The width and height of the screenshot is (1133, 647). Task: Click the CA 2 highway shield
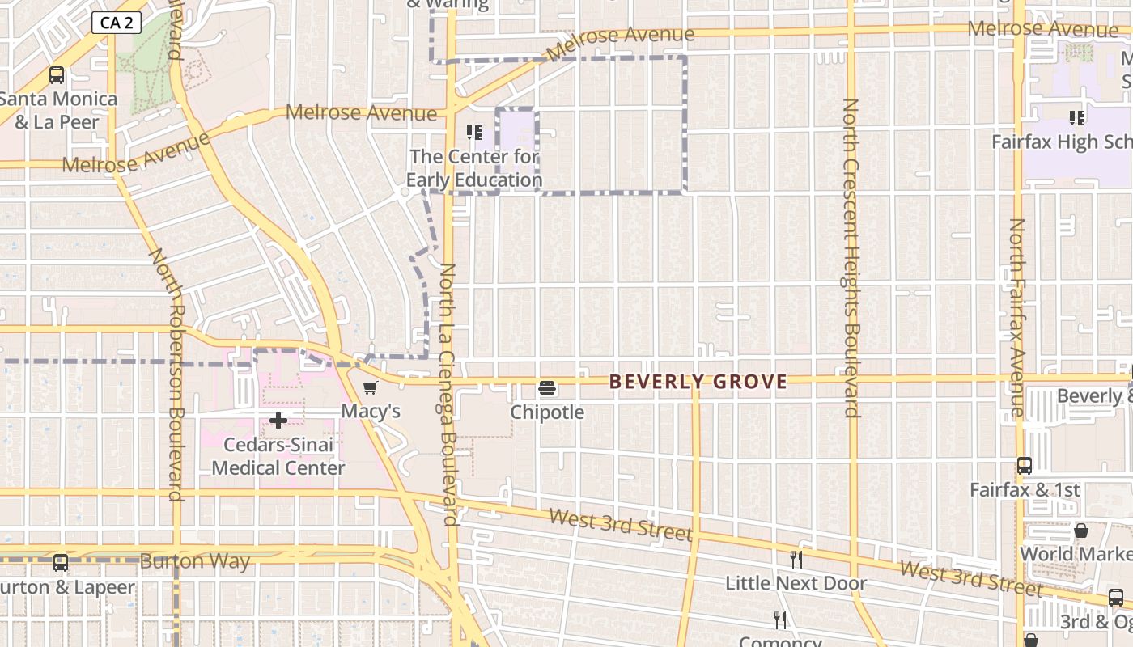click(x=117, y=23)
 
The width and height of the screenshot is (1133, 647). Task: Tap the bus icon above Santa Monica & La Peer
click(x=57, y=75)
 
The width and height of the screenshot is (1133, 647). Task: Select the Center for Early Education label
click(x=474, y=168)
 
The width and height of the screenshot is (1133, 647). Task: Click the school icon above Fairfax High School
click(x=1077, y=118)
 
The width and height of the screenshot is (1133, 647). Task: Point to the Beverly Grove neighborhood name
click(x=698, y=382)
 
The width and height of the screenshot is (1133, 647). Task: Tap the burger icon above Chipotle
click(x=547, y=388)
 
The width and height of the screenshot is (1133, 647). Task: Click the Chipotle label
click(x=547, y=412)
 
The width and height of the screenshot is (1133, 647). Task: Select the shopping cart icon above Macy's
click(x=371, y=388)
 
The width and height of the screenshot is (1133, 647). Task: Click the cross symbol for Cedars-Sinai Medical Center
click(x=278, y=421)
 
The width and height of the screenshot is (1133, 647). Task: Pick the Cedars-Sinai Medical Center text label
click(x=278, y=456)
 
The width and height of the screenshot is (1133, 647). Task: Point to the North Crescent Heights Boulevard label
click(x=851, y=257)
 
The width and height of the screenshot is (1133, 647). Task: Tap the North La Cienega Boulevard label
click(x=449, y=395)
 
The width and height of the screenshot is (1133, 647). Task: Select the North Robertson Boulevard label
click(x=175, y=374)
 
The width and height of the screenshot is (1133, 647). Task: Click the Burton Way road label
click(x=194, y=561)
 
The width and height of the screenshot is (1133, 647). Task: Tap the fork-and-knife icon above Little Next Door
click(x=796, y=560)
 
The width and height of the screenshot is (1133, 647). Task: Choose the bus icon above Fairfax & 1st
click(x=1025, y=466)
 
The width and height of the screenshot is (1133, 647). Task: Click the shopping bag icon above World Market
click(x=1080, y=531)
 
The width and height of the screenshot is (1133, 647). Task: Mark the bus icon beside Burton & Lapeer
click(x=61, y=563)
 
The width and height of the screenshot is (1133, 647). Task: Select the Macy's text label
click(x=371, y=411)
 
